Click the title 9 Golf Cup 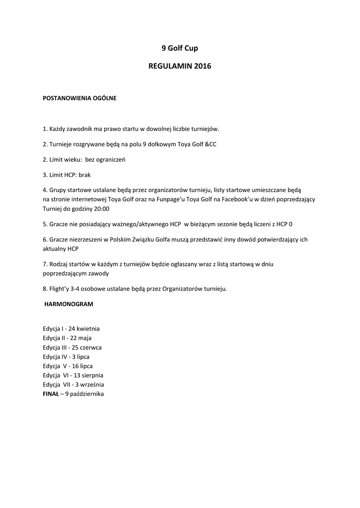tap(180, 48)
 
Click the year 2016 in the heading tap(203, 66)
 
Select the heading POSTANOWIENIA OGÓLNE tap(79, 98)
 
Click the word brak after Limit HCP tap(85, 175)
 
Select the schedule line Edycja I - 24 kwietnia tap(72, 328)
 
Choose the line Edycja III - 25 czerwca tap(72, 347)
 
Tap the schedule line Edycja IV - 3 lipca tap(66, 357)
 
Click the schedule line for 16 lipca tap(68, 366)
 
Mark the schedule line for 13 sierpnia tap(73, 376)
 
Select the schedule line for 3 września tap(73, 384)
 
